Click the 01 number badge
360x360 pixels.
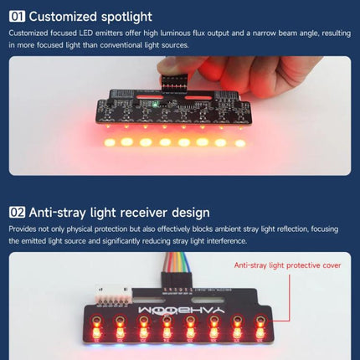click(x=17, y=17)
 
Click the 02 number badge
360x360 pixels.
click(x=17, y=213)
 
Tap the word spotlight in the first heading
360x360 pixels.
click(x=126, y=17)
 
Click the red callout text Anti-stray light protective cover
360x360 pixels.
click(x=287, y=265)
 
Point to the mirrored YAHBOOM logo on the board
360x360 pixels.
click(x=182, y=310)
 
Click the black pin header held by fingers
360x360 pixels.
click(x=175, y=82)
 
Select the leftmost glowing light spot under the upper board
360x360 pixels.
click(x=110, y=142)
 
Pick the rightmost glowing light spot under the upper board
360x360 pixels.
click(x=239, y=143)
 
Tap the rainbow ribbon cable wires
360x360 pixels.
click(x=177, y=262)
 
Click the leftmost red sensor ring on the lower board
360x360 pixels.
click(x=96, y=320)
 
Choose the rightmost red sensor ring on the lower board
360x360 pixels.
click(x=260, y=320)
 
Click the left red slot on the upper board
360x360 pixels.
click(x=150, y=97)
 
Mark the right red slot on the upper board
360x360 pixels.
click(x=199, y=98)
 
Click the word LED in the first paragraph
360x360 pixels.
click(x=85, y=33)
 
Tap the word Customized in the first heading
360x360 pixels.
click(x=63, y=17)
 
